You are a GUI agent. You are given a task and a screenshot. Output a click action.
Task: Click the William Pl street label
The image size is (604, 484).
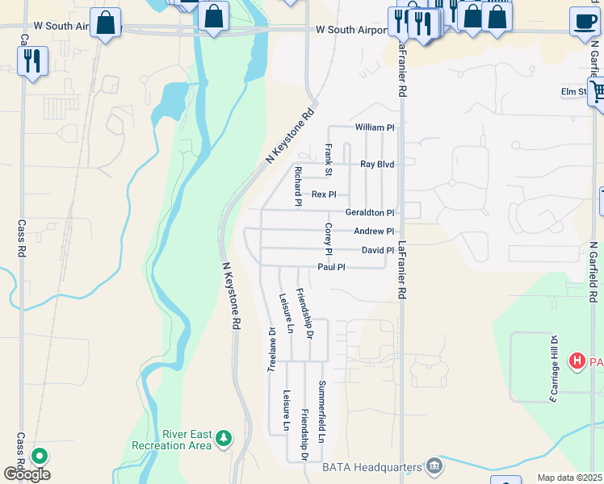[x=375, y=127]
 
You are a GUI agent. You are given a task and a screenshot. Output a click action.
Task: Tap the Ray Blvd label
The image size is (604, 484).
[x=377, y=164]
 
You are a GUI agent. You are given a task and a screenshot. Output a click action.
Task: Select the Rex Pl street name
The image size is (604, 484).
[x=324, y=194]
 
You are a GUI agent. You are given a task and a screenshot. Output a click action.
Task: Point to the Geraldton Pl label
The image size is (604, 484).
[x=370, y=212]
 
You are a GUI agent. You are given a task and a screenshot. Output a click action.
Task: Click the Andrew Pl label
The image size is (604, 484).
[x=374, y=232]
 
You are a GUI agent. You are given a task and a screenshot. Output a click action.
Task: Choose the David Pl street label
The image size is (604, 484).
[x=377, y=250]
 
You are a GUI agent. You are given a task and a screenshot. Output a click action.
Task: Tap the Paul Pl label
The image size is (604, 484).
[x=331, y=267]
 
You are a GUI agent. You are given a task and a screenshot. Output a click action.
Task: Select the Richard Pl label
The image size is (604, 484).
[x=298, y=186]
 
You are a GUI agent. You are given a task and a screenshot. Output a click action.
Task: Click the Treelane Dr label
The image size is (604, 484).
[x=272, y=349]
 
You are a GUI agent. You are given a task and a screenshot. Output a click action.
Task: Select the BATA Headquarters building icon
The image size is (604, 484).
[x=434, y=465]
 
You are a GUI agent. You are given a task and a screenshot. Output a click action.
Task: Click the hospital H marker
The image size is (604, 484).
[x=577, y=361]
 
